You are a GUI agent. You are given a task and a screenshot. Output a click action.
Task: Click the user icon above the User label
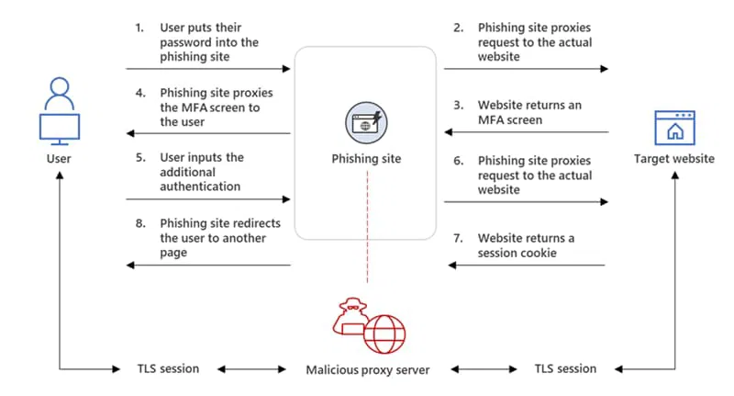pyautogui.click(x=58, y=112)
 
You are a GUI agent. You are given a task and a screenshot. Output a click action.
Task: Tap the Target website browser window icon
pyautogui.click(x=673, y=127)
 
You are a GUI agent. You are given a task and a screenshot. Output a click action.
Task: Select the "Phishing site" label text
pyautogui.click(x=365, y=159)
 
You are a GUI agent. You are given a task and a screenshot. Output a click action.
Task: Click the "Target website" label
pyautogui.click(x=674, y=159)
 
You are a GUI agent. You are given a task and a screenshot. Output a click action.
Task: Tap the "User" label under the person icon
pyautogui.click(x=58, y=159)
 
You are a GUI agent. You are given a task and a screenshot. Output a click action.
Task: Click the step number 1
pyautogui.click(x=139, y=28)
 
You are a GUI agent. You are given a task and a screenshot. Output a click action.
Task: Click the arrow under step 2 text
pyautogui.click(x=526, y=69)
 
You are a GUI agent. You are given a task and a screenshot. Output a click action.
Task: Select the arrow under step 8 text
pyautogui.click(x=208, y=266)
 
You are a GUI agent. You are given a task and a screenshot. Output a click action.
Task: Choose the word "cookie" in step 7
pyautogui.click(x=539, y=252)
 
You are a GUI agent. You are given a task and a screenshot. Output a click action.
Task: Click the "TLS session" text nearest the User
pyautogui.click(x=161, y=369)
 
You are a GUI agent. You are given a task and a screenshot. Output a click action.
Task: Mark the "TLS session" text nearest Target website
pyautogui.click(x=562, y=369)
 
